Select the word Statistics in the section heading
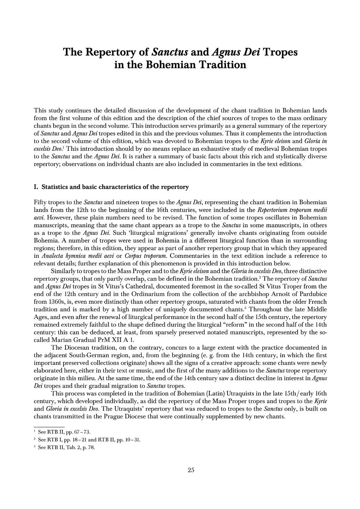pyautogui.click(x=57, y=187)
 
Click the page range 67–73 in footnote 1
pyautogui.click(x=82, y=432)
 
